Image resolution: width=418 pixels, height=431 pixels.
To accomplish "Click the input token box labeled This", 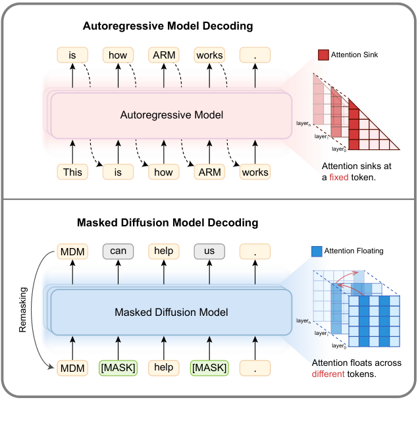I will [x=72, y=172].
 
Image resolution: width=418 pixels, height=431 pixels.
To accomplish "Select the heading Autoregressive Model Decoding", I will [x=168, y=27].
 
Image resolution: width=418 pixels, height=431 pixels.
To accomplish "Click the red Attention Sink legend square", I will [x=323, y=55].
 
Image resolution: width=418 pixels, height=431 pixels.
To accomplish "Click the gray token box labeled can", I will [x=118, y=251].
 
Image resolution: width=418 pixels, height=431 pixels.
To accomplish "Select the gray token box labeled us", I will [x=209, y=251].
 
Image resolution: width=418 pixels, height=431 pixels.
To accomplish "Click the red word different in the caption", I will [x=333, y=374].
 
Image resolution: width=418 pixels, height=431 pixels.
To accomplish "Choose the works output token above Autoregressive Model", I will [x=209, y=55].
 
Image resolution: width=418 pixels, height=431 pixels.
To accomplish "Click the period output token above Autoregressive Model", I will [x=255, y=55].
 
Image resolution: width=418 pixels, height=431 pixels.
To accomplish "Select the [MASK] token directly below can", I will [x=118, y=368].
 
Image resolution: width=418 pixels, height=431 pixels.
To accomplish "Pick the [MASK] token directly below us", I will [x=209, y=368].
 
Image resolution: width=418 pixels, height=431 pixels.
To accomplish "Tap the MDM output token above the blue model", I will [x=72, y=251].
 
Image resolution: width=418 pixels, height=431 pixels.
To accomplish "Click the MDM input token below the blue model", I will [x=72, y=368].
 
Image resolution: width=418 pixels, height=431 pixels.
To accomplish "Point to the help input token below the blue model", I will [x=164, y=368].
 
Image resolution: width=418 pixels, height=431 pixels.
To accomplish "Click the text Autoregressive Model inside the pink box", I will [x=172, y=115].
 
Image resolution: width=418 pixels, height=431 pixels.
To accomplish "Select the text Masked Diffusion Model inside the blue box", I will [x=172, y=312].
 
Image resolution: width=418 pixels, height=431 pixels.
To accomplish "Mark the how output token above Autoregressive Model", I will [x=118, y=55].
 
